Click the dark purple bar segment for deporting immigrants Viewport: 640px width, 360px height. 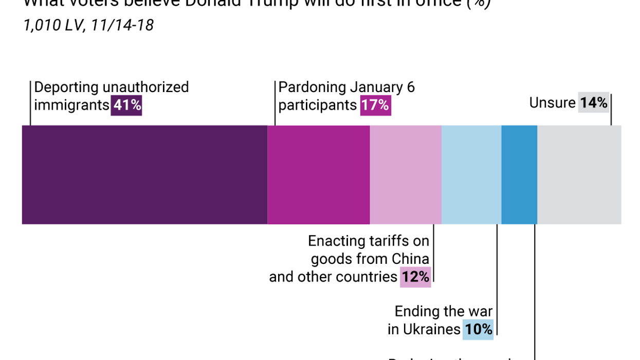click(144, 175)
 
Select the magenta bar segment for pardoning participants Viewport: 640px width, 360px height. click(319, 175)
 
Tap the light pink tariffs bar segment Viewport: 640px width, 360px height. click(406, 175)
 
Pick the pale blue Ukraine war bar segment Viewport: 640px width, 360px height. click(471, 175)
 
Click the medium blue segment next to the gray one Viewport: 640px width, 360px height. click(519, 175)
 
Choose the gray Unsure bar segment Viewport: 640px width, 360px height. click(579, 175)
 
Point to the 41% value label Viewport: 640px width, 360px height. click(126, 105)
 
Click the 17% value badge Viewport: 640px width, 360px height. click(375, 105)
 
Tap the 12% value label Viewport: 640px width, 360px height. click(415, 277)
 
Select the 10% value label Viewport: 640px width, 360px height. click(478, 329)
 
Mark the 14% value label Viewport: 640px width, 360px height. click(594, 103)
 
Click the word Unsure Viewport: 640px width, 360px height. click(553, 103)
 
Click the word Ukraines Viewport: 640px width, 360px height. click(431, 329)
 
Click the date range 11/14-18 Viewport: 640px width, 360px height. click(122, 25)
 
